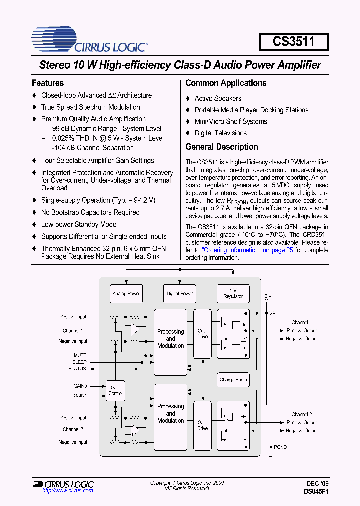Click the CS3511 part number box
[294, 41]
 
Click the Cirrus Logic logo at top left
[89, 39]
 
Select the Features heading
[48, 83]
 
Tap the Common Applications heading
[226, 83]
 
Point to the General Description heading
[222, 147]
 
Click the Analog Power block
[126, 294]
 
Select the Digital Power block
[180, 294]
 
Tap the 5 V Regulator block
[233, 293]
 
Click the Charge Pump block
[233, 380]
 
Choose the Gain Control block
[115, 390]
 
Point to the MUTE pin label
[80, 355]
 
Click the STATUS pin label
[77, 368]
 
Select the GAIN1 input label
[80, 395]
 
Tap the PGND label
[280, 447]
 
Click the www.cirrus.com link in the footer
[68, 491]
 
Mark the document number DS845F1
[316, 491]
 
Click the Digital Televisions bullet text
[220, 133]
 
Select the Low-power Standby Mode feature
[79, 224]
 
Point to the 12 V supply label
[267, 296]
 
